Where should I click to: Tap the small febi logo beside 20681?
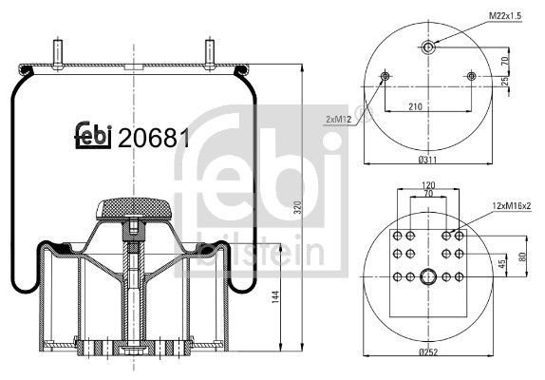click(94, 138)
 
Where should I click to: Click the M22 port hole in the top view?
click(428, 47)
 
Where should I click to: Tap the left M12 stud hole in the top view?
click(385, 76)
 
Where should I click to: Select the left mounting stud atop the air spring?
click(60, 50)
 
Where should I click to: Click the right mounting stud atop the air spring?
click(207, 50)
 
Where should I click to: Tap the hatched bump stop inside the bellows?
click(134, 205)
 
